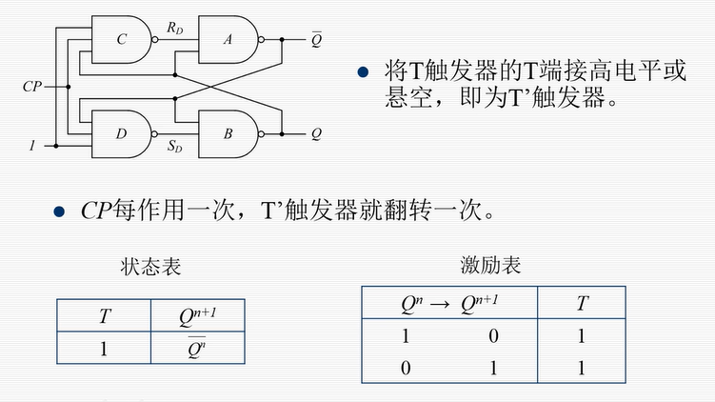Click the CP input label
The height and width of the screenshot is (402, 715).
pyautogui.click(x=32, y=87)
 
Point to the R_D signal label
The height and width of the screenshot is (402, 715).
pyautogui.click(x=174, y=29)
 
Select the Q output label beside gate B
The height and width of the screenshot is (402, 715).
pyautogui.click(x=316, y=133)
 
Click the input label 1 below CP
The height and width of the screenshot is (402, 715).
pyautogui.click(x=31, y=147)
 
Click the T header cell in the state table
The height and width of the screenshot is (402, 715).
pyautogui.click(x=104, y=315)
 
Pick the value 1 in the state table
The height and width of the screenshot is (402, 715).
pyautogui.click(x=104, y=348)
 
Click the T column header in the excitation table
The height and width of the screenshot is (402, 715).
pyautogui.click(x=582, y=303)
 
